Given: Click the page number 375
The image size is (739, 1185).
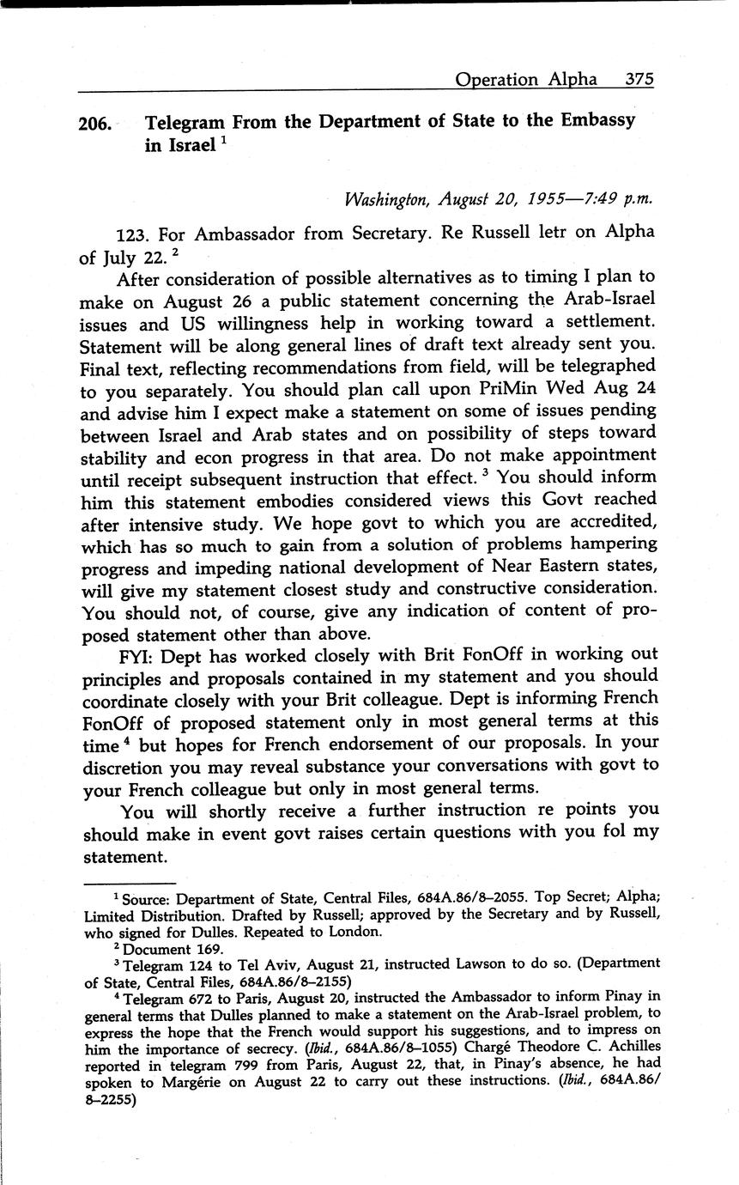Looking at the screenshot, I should click(x=640, y=79).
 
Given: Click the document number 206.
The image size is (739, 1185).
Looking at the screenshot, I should click(x=94, y=124).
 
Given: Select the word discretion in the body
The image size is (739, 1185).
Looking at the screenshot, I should click(x=125, y=767).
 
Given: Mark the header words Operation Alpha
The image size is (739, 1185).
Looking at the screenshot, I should click(x=526, y=79).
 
